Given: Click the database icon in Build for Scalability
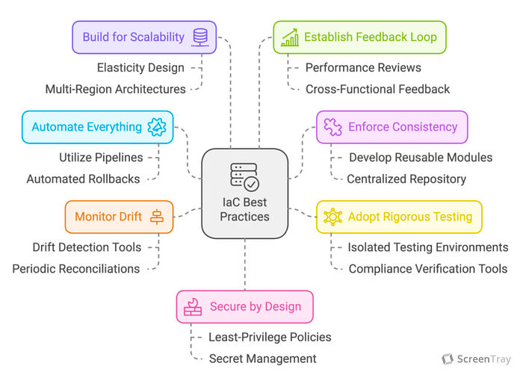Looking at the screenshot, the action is coord(200,37).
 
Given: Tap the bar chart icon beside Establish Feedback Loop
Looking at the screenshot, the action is coord(290,37).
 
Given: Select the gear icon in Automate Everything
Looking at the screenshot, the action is coord(157,127).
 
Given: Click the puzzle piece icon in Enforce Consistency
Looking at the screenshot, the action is coord(332,127).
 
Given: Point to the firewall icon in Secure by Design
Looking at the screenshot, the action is coord(193,307).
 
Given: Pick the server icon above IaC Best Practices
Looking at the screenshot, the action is coord(244,177).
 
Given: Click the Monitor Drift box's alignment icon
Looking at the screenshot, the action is coord(157,217).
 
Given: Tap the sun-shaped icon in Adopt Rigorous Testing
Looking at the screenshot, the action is coord(332,217).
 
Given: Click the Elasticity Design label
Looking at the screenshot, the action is coord(140,68).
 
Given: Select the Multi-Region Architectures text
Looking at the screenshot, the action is coord(115,90).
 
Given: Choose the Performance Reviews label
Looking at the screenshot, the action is coord(363,68).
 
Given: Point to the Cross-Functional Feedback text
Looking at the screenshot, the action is coord(377,90).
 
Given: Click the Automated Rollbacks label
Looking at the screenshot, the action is coord(83,179).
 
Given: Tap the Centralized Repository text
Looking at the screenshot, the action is coord(406,179).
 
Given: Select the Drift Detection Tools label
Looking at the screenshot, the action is coord(87,247).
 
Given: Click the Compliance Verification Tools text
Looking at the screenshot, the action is coord(428,269).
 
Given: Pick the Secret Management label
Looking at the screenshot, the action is coord(262,359).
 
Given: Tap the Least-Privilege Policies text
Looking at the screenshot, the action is coord(270,337).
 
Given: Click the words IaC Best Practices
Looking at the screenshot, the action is coord(244,209).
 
